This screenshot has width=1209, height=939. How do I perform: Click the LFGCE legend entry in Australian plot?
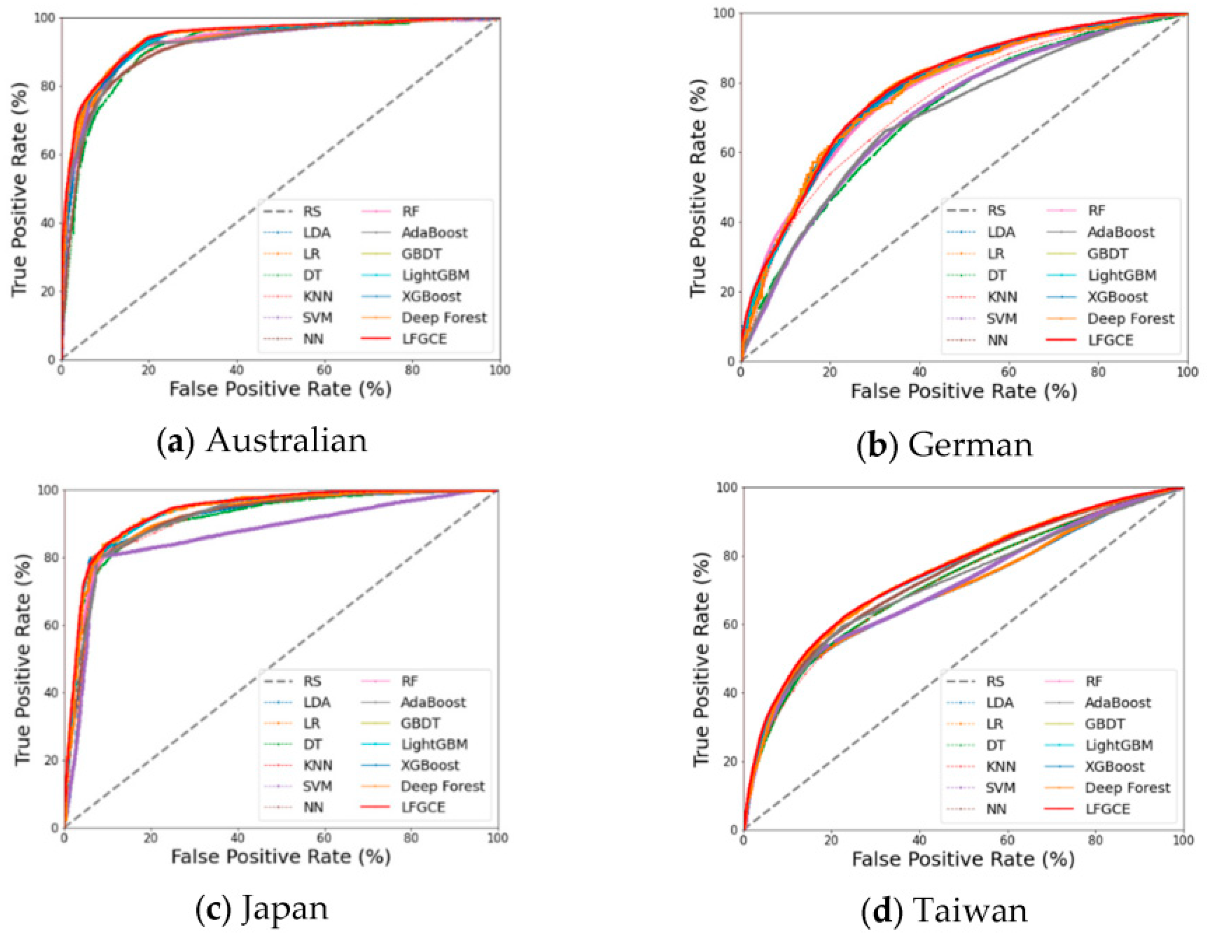(424, 338)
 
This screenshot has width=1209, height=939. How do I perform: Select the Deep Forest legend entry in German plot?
(1130, 319)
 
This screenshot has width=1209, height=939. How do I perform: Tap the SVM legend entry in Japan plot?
(317, 786)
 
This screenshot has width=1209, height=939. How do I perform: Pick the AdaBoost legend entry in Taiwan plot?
(1117, 703)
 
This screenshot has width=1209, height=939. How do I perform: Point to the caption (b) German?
(944, 444)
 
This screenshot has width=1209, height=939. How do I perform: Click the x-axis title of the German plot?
(963, 391)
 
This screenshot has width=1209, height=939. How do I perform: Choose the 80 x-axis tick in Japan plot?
(411, 838)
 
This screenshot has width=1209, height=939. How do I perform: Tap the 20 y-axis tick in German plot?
(730, 292)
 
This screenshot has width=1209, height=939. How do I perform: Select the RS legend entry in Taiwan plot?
(995, 682)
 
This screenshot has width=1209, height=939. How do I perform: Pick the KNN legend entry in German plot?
(1002, 297)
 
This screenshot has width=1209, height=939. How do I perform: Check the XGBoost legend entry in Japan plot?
(429, 765)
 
